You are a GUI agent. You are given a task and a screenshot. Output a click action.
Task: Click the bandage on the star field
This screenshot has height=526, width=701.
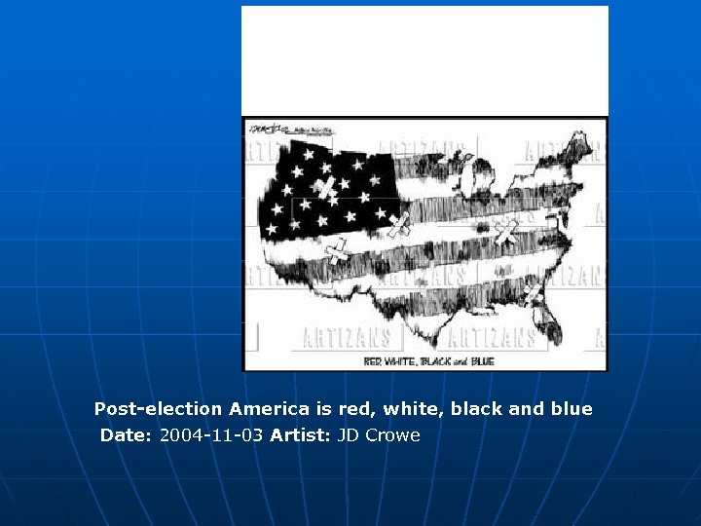[325, 188]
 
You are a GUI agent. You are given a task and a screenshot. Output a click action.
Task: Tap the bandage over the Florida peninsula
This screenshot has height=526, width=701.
[532, 291]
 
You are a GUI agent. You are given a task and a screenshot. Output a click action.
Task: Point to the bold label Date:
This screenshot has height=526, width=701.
[126, 435]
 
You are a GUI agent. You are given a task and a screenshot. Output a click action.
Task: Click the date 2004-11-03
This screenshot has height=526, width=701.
[211, 435]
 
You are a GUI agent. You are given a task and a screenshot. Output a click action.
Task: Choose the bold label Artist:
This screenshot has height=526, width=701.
[301, 435]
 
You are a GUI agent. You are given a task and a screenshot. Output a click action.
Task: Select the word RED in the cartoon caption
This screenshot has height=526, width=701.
[373, 361]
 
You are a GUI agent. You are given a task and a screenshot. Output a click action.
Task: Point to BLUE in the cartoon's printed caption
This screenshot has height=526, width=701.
[483, 361]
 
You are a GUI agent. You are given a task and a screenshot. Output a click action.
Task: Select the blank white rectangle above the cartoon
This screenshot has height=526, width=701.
[424, 60]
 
